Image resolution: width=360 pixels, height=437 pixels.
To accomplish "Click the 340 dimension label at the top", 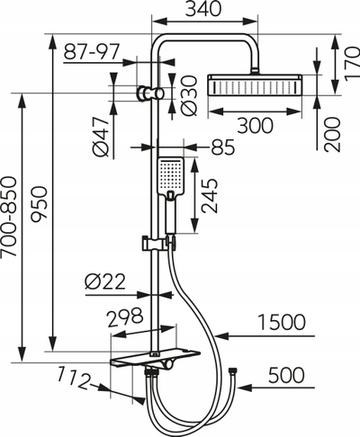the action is pos(203,9).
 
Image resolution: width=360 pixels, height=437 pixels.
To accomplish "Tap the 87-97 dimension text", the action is pos(92,51).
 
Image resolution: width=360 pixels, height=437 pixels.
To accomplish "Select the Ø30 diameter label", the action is pos(190,95).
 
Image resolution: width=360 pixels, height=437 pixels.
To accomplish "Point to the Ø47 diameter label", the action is pos(101,137).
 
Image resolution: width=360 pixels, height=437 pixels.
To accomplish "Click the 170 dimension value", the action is pos(352,64).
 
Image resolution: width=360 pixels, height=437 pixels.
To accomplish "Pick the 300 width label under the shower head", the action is pos(256,125).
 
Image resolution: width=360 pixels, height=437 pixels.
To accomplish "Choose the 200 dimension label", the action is pos(333,135).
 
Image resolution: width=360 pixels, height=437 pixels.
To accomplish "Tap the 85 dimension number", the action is pos(222,147).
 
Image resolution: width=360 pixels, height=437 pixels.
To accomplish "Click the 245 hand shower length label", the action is pos(210,196).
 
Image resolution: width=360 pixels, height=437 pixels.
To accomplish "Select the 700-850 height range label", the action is pos(8,217).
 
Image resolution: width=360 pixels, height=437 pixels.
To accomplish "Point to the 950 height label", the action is pos(40,204).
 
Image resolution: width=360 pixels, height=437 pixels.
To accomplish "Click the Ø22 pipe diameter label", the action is pos(104,282).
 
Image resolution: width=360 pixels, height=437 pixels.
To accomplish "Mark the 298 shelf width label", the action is pos(125,317).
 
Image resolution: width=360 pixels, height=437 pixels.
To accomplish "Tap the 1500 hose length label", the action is pos(282,323).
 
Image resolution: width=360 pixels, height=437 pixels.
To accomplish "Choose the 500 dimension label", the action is pos(286,375).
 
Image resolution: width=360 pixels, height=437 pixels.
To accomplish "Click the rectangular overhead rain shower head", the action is pos(255,85).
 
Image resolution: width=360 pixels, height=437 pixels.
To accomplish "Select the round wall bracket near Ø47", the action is pos(141,93).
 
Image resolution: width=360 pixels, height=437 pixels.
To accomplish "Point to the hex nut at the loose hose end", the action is pos(232,370).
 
